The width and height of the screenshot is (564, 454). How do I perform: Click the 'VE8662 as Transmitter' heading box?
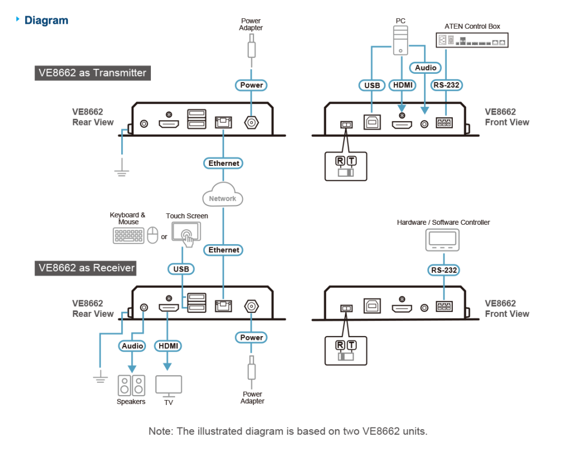(x=92, y=73)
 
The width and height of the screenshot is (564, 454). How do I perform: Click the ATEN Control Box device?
(x=471, y=40)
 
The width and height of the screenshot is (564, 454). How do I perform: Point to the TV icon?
(x=168, y=386)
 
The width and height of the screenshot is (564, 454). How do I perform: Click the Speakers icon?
(x=131, y=385)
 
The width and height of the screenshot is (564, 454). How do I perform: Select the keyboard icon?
(x=129, y=236)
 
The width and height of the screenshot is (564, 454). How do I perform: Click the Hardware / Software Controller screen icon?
(x=443, y=239)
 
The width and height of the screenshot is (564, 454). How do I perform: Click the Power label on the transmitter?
(x=251, y=85)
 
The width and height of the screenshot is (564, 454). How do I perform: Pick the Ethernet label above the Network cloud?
(x=224, y=163)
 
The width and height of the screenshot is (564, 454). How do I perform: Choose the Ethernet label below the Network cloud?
(x=224, y=250)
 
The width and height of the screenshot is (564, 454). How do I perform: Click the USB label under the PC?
(x=372, y=85)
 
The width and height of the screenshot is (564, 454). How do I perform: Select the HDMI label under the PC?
(x=402, y=85)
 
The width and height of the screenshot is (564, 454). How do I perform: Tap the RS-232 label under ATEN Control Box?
(x=446, y=85)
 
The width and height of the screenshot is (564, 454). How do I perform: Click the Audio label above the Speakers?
(x=132, y=346)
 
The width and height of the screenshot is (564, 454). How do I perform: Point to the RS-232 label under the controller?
(x=443, y=270)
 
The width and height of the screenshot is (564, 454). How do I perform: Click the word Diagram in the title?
(x=46, y=21)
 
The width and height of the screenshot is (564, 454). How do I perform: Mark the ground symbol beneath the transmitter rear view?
(x=121, y=173)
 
